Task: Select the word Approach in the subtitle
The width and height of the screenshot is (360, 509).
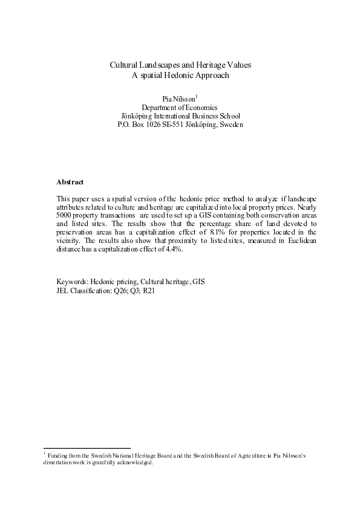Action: (x=215, y=76)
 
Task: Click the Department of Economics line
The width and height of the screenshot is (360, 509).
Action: (x=180, y=108)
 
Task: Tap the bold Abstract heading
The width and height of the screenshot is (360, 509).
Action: (x=70, y=181)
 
